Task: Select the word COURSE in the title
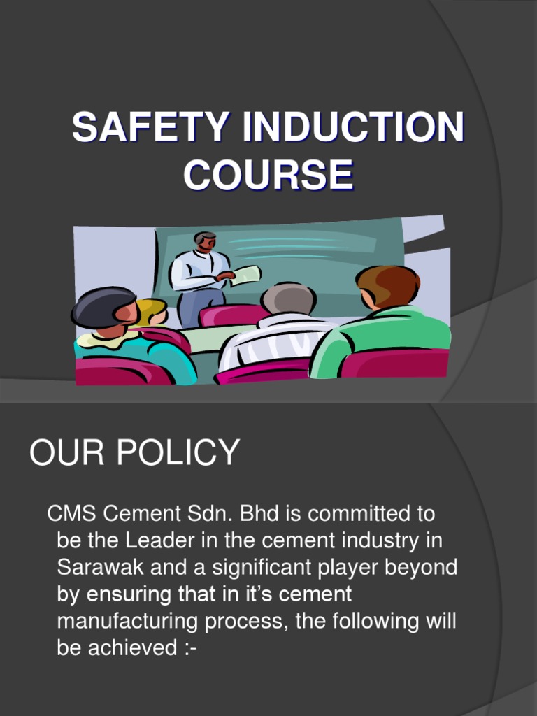(268, 175)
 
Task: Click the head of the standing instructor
(205, 241)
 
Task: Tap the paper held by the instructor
(246, 275)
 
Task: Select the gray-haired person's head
(288, 299)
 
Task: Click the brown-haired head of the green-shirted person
(387, 285)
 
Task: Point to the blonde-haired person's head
(152, 311)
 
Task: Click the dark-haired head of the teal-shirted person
(103, 308)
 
